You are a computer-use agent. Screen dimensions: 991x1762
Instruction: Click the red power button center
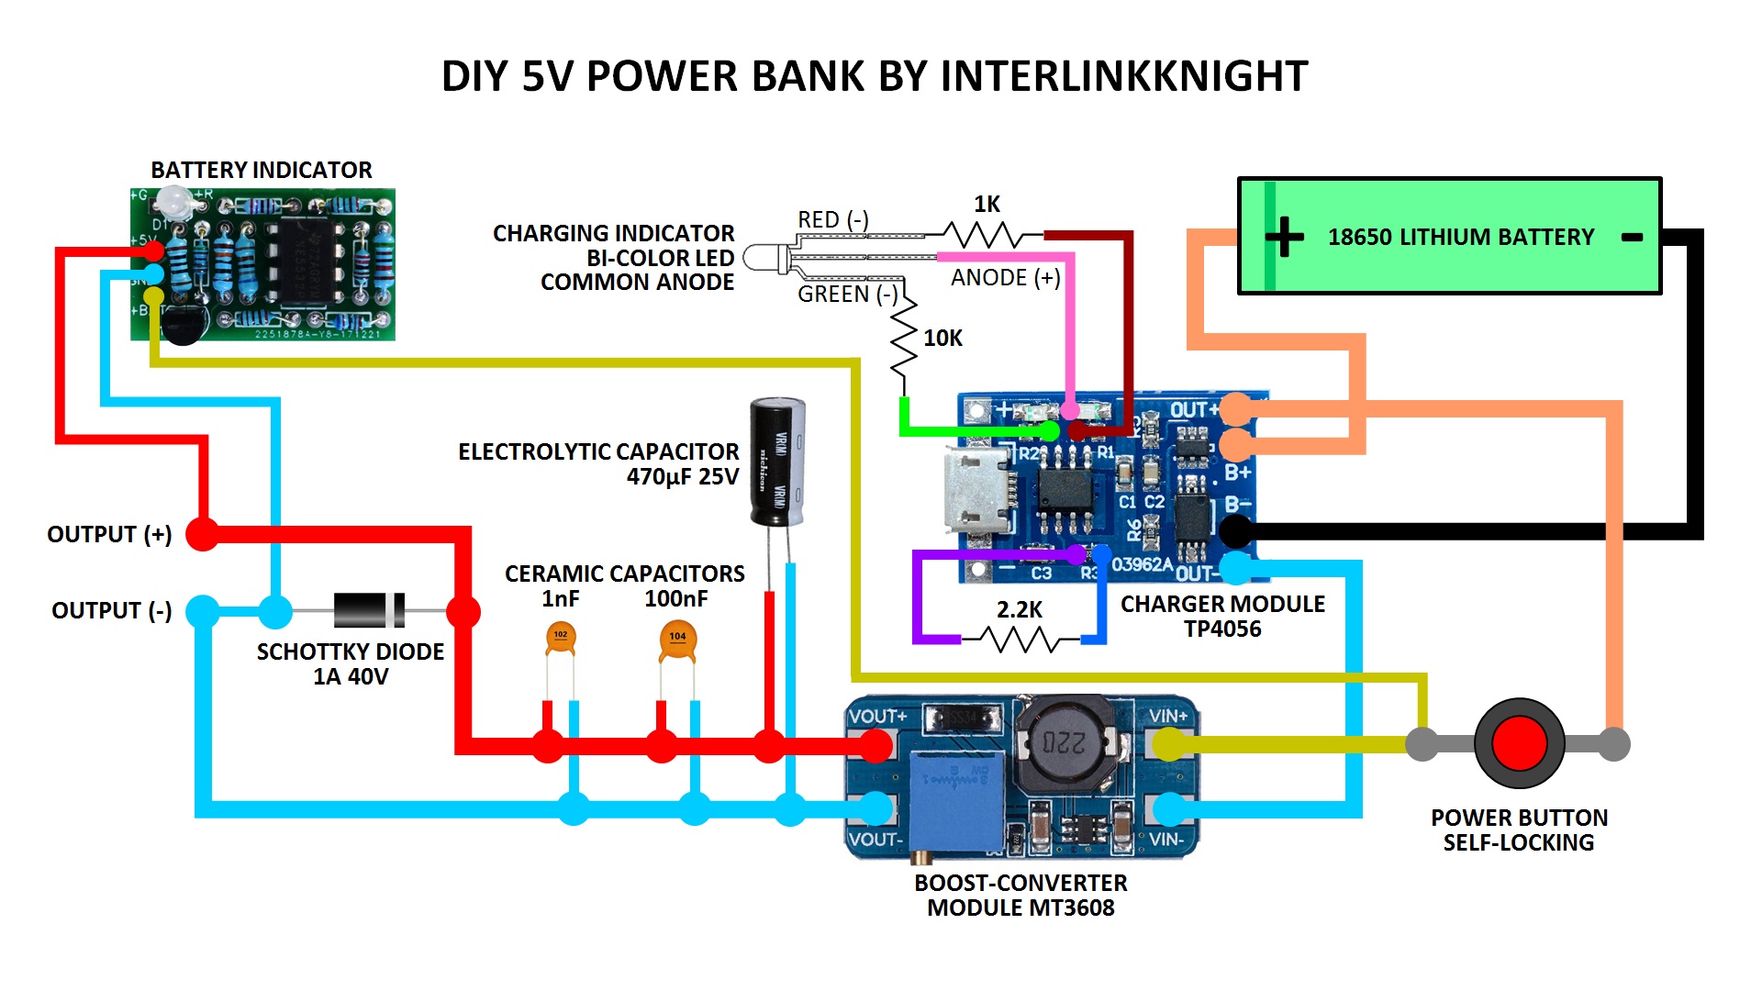[1519, 743]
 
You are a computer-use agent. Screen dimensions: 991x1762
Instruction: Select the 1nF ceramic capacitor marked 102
[560, 637]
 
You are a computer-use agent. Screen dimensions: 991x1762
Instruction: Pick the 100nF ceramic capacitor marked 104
[677, 640]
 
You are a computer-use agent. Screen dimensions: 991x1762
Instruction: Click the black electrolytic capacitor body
[777, 462]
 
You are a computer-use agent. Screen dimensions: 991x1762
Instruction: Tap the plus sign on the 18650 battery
[1284, 237]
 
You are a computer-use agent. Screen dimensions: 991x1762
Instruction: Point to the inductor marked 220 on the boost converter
[1065, 741]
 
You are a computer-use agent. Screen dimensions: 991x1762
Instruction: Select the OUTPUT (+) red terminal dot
[202, 533]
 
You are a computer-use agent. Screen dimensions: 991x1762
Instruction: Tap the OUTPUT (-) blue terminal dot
[202, 611]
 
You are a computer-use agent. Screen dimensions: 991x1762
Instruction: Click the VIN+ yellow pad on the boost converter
[1168, 744]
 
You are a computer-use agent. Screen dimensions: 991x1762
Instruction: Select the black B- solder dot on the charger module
[1235, 530]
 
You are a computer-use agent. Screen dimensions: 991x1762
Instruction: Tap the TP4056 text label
[1222, 629]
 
